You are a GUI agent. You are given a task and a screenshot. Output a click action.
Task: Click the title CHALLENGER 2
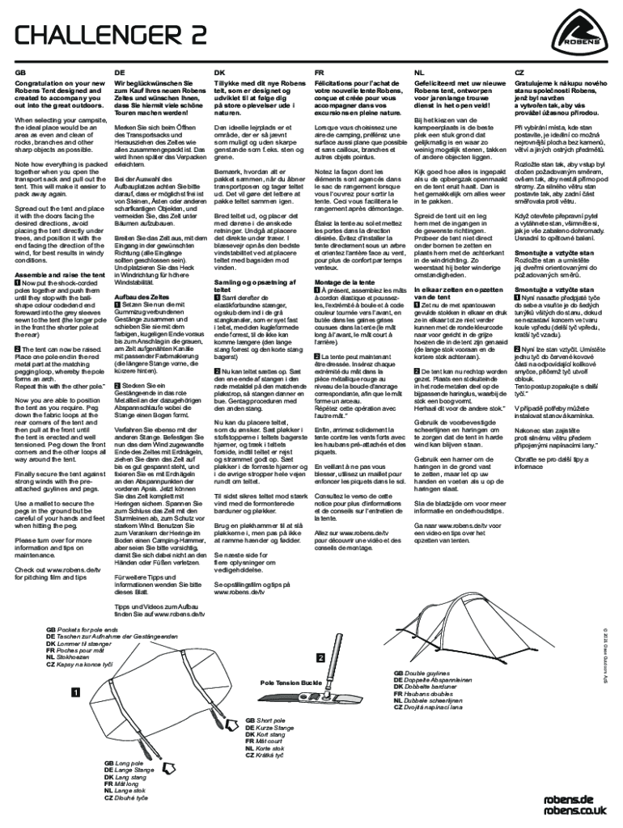(111, 36)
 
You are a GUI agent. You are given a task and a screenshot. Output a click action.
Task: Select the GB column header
(20, 72)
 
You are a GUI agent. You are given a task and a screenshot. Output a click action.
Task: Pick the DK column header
(219, 72)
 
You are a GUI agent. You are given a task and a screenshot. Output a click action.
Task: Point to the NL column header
(418, 72)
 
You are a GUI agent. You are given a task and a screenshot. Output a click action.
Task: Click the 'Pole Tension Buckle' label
(291, 682)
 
